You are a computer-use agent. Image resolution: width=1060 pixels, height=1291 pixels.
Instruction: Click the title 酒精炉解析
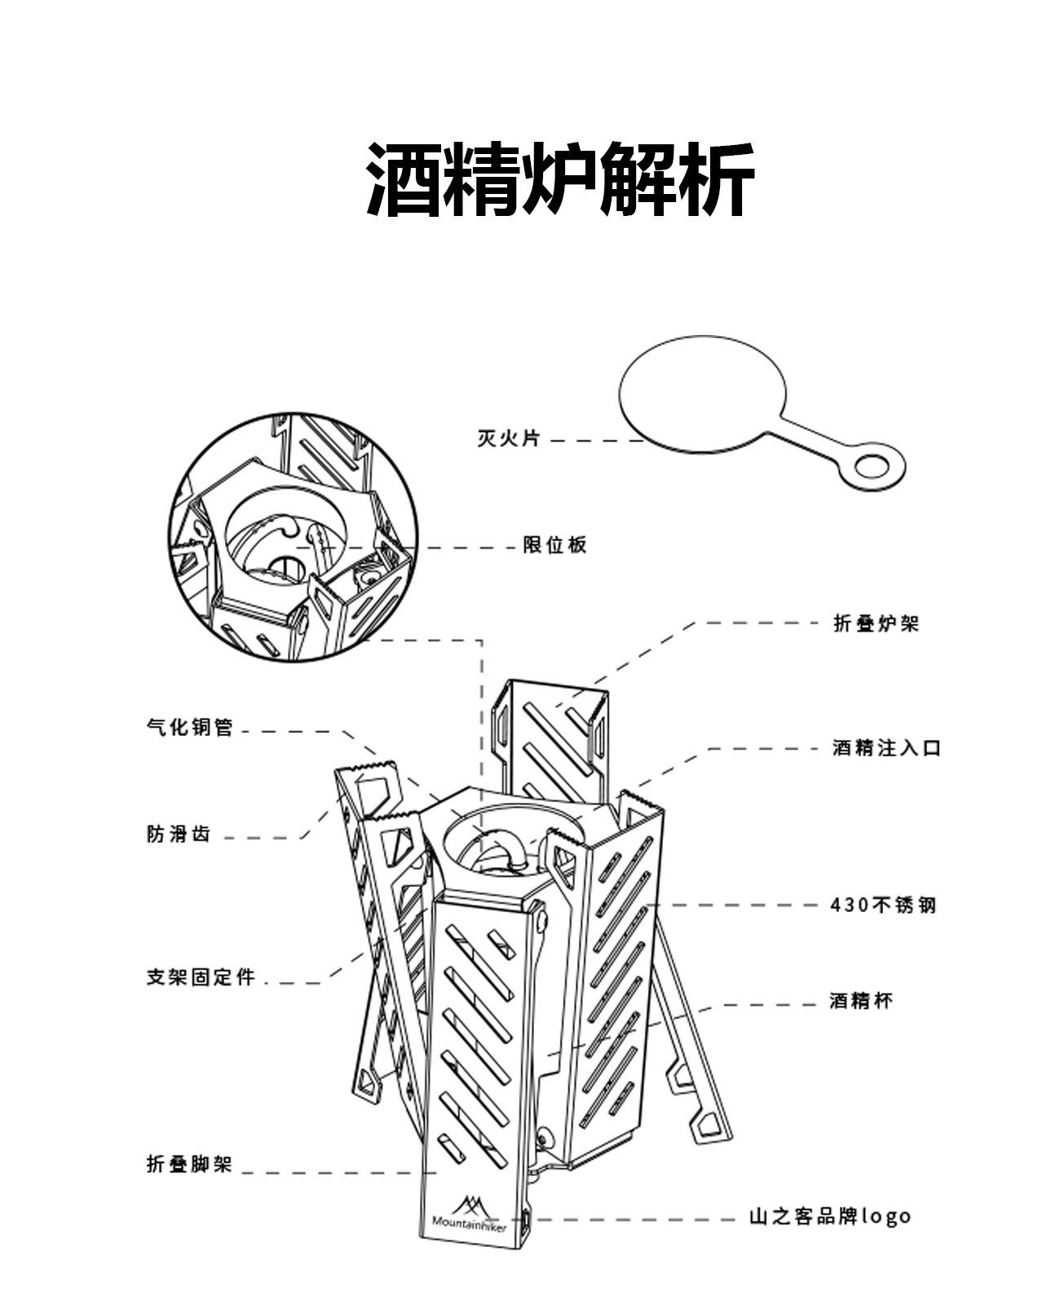click(x=559, y=179)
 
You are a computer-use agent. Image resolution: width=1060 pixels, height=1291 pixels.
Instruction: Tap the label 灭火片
click(x=508, y=438)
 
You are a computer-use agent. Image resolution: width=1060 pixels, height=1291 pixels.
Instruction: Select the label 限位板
click(x=554, y=545)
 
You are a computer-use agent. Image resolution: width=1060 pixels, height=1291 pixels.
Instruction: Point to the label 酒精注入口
click(x=886, y=748)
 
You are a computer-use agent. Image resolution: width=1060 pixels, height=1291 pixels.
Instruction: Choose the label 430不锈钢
click(x=883, y=905)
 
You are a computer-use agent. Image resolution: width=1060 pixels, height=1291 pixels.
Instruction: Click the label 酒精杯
click(x=861, y=1001)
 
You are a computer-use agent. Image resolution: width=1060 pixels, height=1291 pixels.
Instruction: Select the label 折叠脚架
click(x=189, y=1164)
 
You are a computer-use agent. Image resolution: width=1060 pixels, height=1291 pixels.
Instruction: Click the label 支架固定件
click(x=201, y=977)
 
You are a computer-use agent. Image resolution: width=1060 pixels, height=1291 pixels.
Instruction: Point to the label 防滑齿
click(x=179, y=835)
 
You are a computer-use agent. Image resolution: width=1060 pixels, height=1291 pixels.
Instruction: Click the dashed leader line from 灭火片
click(x=595, y=441)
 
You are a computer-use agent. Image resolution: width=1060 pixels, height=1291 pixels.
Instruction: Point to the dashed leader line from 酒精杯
click(x=758, y=1004)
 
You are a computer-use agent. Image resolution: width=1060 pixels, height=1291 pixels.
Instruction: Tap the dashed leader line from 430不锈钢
click(x=734, y=905)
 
